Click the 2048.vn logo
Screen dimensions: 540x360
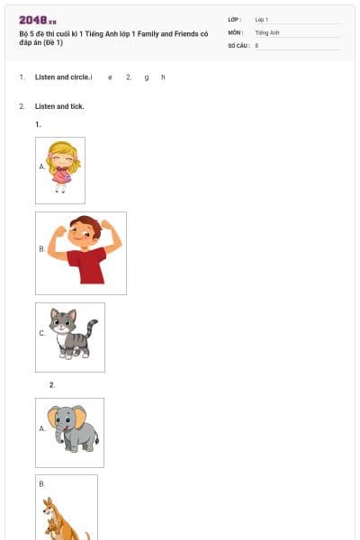(37, 19)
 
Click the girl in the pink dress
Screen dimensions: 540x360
(62, 166)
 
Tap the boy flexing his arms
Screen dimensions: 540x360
(84, 251)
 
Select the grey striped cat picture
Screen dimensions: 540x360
(72, 335)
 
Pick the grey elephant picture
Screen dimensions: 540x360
(72, 430)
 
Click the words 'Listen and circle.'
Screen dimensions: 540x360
(62, 77)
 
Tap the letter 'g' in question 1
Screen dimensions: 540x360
(146, 77)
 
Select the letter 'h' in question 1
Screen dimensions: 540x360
(163, 77)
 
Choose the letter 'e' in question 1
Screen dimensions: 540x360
(110, 77)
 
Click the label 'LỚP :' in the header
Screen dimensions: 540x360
(235, 19)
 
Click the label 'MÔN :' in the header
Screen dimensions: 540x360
(236, 31)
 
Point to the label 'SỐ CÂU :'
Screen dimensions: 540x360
(238, 44)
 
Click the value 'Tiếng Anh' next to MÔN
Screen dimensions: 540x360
(268, 31)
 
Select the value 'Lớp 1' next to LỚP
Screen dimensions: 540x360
(262, 19)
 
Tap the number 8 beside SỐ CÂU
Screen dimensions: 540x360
(257, 44)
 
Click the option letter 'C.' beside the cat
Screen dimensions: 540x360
(42, 333)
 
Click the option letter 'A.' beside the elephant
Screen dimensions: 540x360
(42, 428)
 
